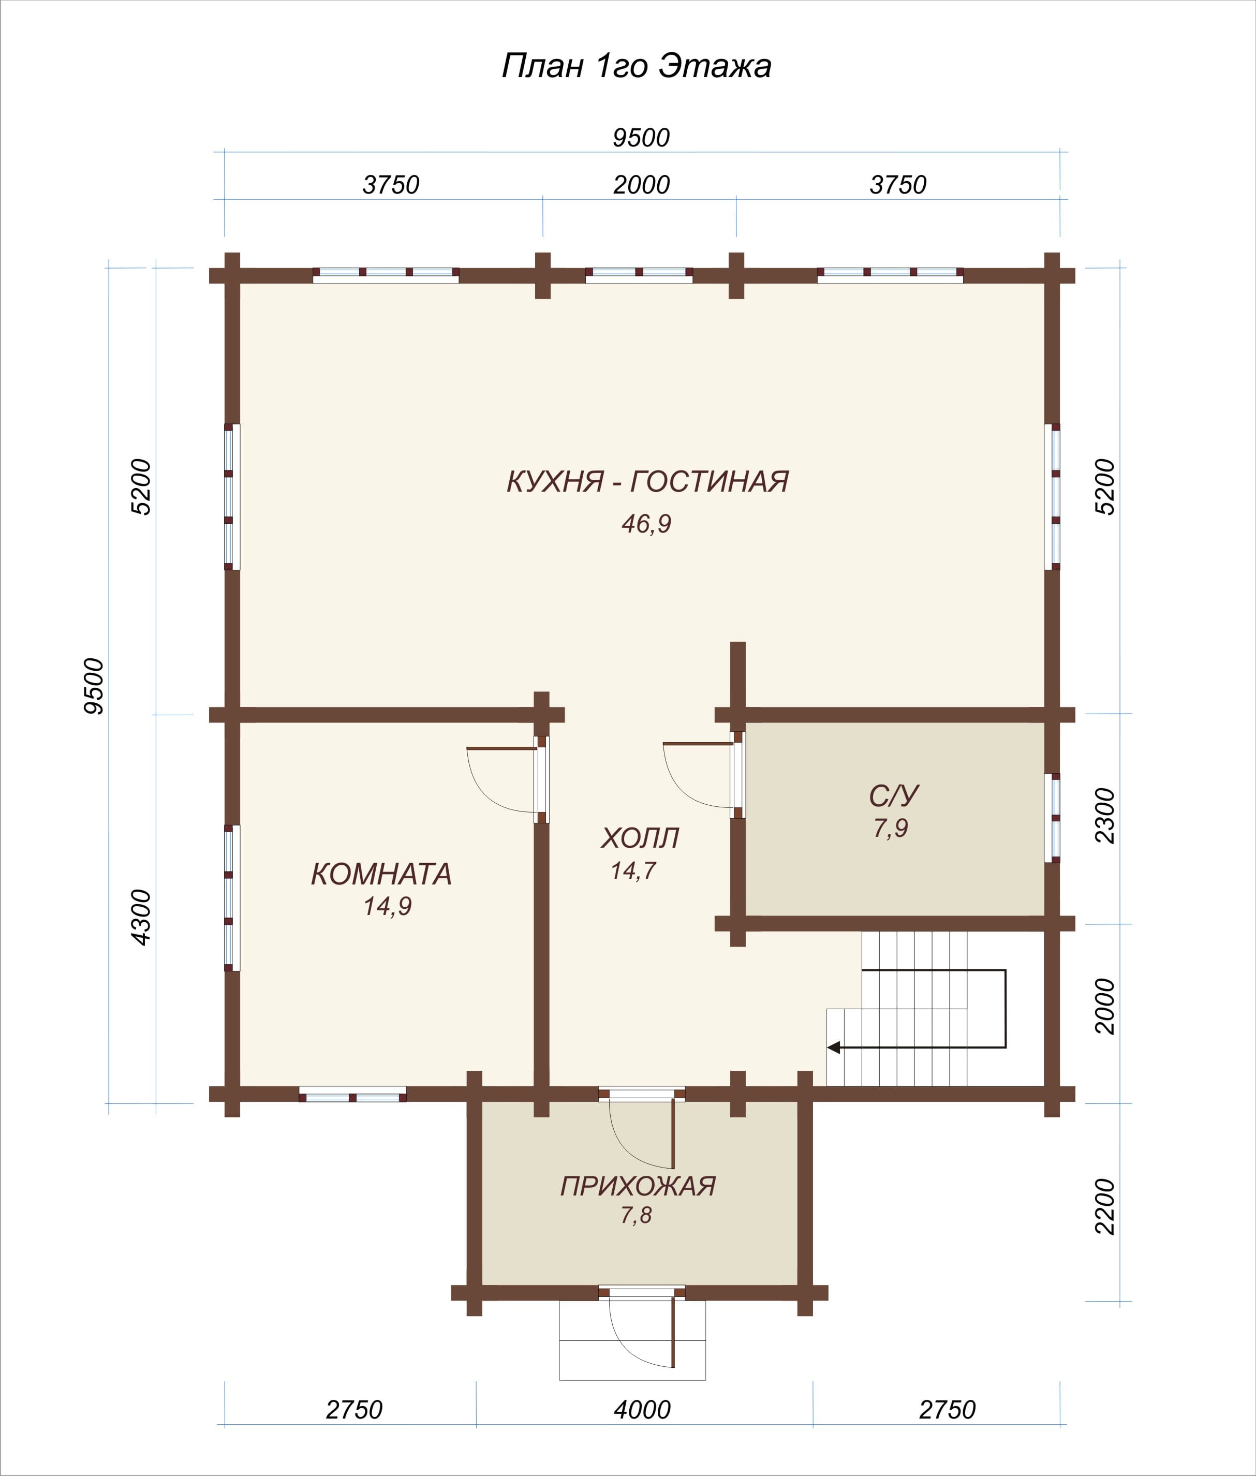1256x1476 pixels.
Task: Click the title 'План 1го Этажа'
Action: click(x=637, y=66)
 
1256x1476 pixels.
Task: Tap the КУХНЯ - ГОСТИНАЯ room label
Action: click(x=647, y=481)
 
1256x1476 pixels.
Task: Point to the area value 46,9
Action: click(x=646, y=524)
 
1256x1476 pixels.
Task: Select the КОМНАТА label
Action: click(x=381, y=874)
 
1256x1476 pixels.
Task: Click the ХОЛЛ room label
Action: click(x=640, y=838)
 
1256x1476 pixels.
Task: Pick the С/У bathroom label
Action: click(x=894, y=796)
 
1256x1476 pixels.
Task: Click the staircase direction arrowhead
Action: click(x=834, y=1047)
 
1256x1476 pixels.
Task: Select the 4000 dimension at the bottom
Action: click(x=642, y=1410)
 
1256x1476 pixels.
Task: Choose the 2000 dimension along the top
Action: click(x=642, y=185)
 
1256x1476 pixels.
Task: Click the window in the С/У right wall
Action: click(x=1053, y=818)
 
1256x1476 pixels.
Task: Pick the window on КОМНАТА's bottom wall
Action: click(x=352, y=1095)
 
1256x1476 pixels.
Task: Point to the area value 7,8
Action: click(x=636, y=1215)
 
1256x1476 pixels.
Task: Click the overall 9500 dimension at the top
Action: click(x=642, y=138)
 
